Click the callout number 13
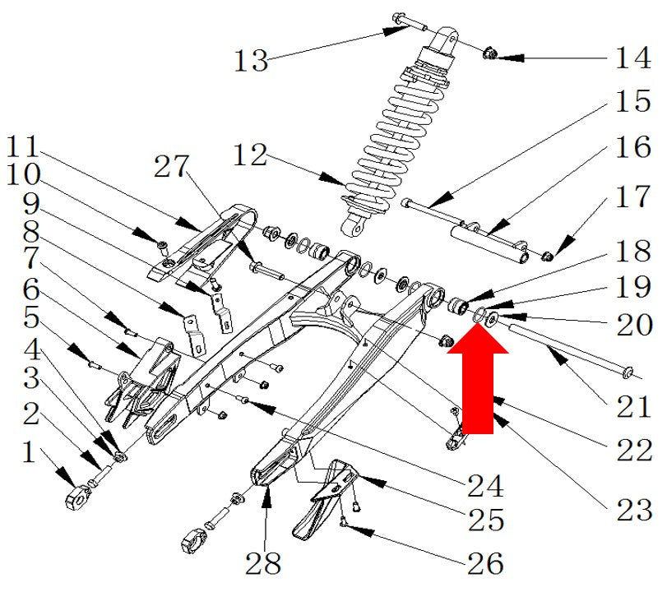click(x=251, y=60)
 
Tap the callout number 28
click(x=263, y=563)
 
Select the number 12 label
click(x=250, y=155)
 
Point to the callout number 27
click(x=171, y=166)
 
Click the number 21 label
click(x=634, y=406)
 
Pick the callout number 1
click(x=29, y=451)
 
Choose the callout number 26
click(x=485, y=563)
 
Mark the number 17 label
click(x=634, y=197)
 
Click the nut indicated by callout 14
click(x=489, y=53)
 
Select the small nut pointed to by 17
click(x=547, y=256)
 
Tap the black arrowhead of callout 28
click(x=266, y=497)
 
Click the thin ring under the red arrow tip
click(x=479, y=314)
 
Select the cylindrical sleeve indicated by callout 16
click(x=490, y=244)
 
